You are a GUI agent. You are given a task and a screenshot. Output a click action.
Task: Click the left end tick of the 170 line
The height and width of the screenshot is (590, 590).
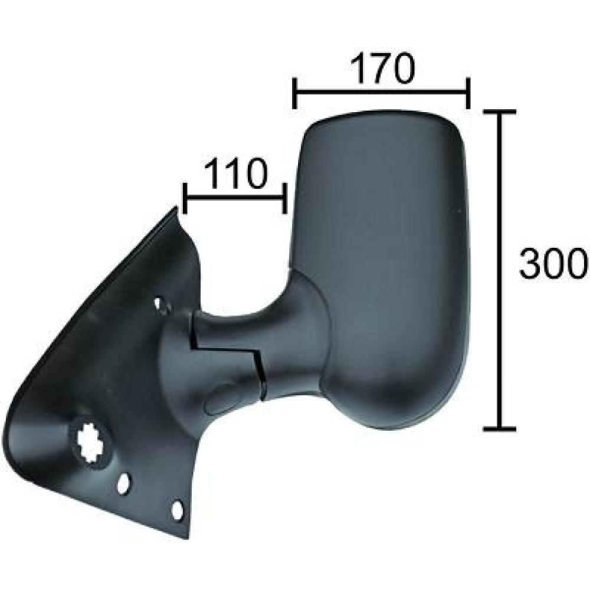(x=294, y=93)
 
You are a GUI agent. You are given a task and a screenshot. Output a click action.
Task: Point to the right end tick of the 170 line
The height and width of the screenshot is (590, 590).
(x=468, y=93)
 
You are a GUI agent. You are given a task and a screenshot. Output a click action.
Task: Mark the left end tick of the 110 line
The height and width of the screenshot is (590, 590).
(x=185, y=198)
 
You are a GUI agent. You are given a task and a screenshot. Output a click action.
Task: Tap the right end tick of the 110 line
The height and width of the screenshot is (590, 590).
(x=286, y=198)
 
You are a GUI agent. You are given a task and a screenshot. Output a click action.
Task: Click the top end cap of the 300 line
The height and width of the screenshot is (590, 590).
(x=500, y=112)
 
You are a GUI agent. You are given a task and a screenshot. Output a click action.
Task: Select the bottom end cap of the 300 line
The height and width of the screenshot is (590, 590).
(x=500, y=428)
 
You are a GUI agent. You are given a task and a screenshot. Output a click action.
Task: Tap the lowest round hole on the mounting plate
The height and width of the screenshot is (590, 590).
(x=176, y=510)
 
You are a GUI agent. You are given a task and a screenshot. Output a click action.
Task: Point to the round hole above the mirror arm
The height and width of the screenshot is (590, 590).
(x=160, y=305)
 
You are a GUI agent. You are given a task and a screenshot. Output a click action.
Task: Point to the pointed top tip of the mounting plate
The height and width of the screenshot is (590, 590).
(x=176, y=208)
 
